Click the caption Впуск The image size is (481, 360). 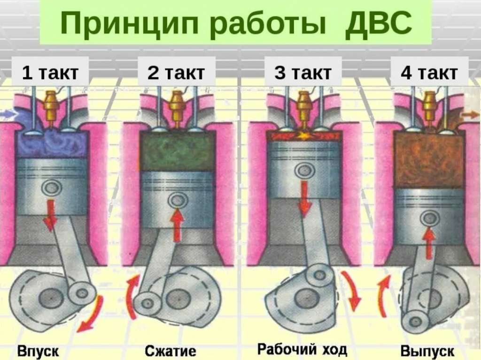click(39, 350)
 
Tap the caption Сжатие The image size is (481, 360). click(170, 351)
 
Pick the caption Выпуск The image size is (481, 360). click(427, 351)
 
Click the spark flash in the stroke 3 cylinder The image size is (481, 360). click(303, 136)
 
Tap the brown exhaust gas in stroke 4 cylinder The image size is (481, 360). click(428, 160)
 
